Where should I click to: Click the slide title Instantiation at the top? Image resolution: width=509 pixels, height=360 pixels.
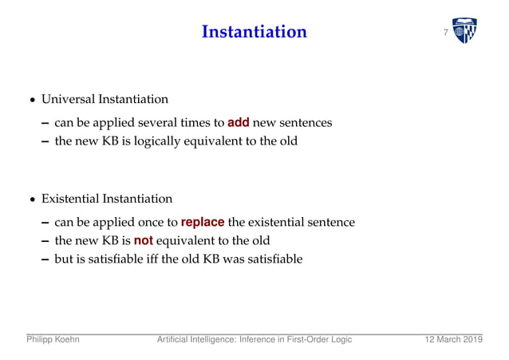coord(254,32)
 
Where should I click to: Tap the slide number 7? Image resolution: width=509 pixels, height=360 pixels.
coord(445,33)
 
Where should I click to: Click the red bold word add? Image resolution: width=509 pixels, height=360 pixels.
coord(239,123)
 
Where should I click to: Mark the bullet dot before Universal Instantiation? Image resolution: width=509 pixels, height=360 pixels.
coord(32,101)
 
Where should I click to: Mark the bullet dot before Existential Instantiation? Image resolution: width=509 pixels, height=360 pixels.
coord(32,200)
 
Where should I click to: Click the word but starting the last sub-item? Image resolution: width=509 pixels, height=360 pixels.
coord(63,259)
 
